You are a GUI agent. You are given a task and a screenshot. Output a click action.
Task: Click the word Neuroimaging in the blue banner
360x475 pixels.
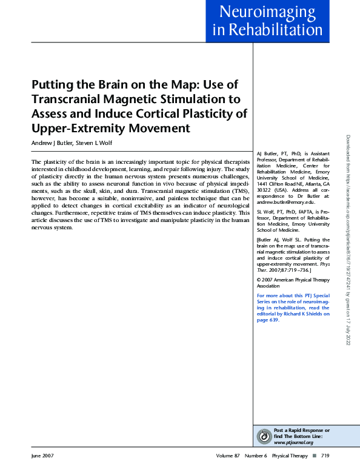click(267, 12)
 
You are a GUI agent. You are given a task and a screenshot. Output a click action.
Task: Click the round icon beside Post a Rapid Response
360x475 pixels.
click(264, 436)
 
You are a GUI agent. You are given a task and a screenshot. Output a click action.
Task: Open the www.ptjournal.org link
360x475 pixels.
click(293, 442)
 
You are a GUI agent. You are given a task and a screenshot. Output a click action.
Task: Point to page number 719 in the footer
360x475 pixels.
click(325, 456)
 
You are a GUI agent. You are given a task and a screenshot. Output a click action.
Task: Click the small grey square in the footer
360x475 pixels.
click(314, 456)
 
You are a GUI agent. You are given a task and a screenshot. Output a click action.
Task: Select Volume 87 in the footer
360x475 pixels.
click(228, 456)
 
